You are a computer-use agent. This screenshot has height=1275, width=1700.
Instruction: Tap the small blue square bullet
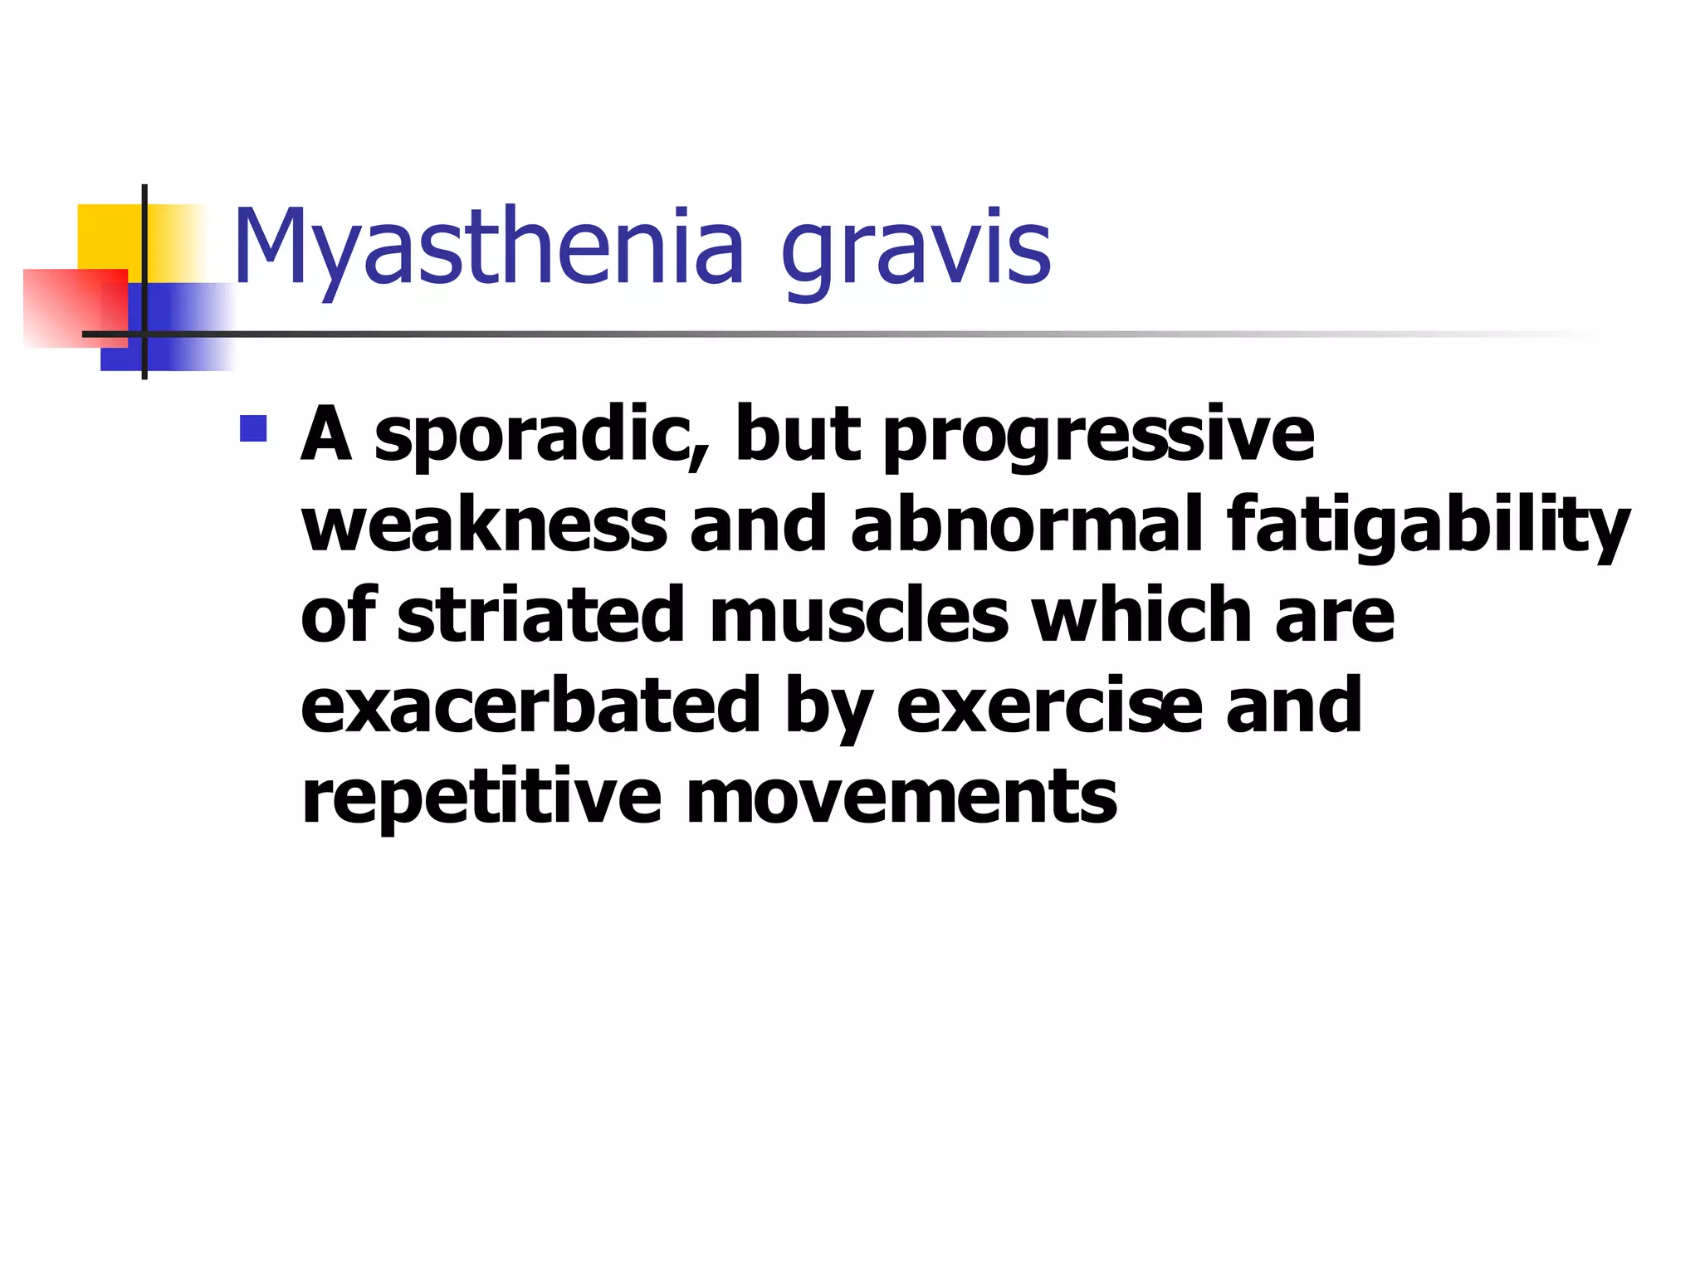(253, 428)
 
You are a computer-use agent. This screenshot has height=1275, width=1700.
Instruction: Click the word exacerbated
(530, 706)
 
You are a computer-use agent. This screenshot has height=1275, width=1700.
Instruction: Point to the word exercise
(1049, 706)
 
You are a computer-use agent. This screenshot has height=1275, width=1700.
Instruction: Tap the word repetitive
(481, 797)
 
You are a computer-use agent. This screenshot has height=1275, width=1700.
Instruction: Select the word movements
(901, 797)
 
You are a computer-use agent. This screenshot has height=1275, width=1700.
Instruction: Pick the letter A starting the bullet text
(326, 435)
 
